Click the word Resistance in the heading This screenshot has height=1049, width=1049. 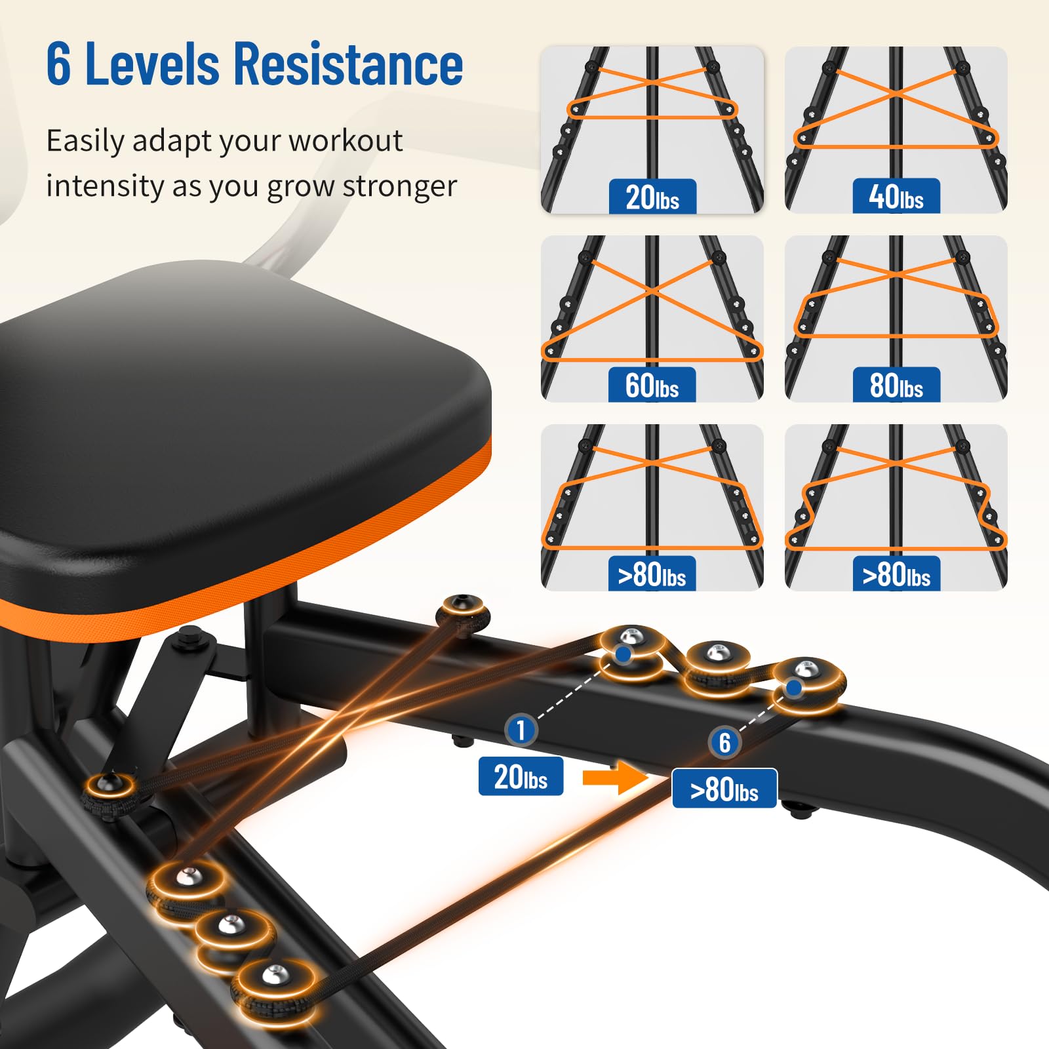[348, 64]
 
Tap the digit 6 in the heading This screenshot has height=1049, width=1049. [58, 64]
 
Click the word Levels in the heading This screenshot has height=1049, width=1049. [152, 64]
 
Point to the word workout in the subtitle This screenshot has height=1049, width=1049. [346, 140]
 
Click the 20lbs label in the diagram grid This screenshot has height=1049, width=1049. [652, 197]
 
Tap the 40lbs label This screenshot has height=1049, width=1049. [896, 197]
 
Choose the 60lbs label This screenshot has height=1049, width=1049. [652, 385]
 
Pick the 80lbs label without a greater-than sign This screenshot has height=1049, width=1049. [896, 385]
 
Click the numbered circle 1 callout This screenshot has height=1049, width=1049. [521, 730]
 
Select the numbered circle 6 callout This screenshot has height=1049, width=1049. [724, 743]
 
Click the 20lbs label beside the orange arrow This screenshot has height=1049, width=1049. [521, 776]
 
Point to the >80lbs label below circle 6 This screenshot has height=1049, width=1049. [724, 789]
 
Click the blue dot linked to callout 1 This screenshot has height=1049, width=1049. [623, 654]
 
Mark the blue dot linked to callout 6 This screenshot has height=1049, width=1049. [794, 688]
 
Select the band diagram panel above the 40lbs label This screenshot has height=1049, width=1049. [896, 129]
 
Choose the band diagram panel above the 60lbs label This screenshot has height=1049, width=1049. [652, 318]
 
